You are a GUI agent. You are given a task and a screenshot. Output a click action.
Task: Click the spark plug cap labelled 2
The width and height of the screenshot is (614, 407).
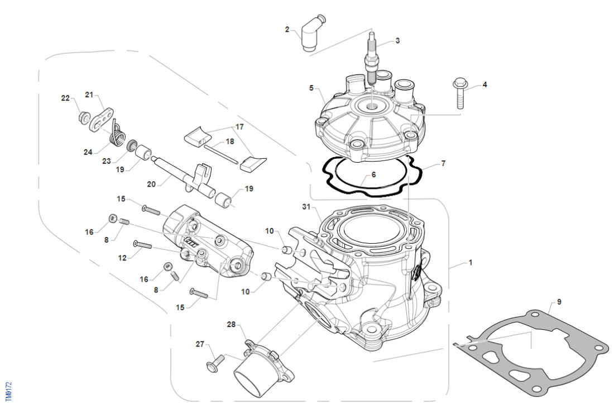(309, 38)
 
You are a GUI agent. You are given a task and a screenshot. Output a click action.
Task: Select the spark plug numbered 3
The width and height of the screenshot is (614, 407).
(371, 61)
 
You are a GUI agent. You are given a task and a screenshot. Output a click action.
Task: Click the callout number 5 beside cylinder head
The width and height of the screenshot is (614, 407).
(311, 88)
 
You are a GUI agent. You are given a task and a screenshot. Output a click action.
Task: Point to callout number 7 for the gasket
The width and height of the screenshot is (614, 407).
(443, 163)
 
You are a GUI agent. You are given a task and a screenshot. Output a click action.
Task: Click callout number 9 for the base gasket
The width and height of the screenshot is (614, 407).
(559, 302)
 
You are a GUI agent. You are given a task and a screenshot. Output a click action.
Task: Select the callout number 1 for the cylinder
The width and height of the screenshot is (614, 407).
(471, 262)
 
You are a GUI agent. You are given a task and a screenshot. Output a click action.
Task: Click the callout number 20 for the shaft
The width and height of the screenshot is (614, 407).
(151, 183)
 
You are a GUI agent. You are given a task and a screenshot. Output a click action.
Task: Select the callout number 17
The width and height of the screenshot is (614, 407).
(239, 127)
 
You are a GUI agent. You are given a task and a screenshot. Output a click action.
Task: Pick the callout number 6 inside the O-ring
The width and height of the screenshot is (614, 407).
(373, 174)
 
